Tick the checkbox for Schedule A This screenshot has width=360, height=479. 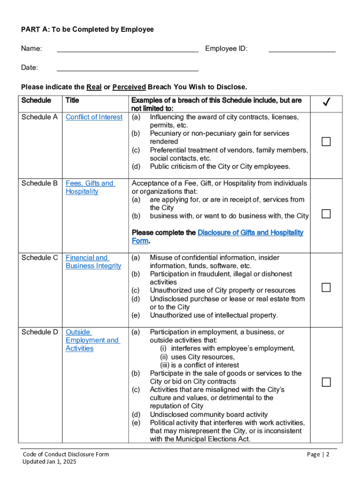[326, 142]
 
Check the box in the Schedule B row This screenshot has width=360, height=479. [326, 214]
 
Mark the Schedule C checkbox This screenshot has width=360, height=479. [326, 287]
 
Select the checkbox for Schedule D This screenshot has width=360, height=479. [326, 382]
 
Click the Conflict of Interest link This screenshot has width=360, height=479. [94, 117]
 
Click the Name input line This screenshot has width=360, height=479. [127, 49]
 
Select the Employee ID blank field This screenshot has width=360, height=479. [302, 49]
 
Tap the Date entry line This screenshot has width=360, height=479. [127, 68]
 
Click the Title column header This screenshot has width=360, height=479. [72, 100]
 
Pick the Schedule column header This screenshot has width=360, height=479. [36, 100]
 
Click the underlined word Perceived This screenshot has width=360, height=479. [129, 87]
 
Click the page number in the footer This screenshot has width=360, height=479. [318, 454]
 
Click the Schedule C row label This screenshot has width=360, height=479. [39, 258]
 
